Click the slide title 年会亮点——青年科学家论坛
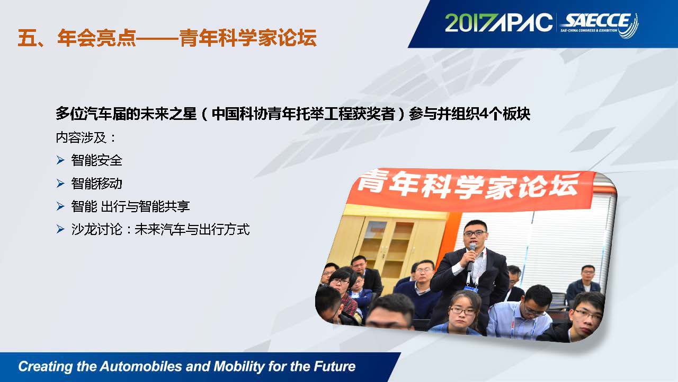click(x=167, y=38)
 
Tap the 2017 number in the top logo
click(x=468, y=22)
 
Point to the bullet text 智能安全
click(x=96, y=160)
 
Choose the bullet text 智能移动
click(x=96, y=184)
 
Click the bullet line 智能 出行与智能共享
click(x=130, y=206)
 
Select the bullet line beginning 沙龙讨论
click(x=160, y=230)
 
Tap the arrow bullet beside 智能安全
click(x=60, y=160)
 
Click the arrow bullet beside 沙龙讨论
click(x=60, y=229)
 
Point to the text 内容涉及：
click(x=86, y=137)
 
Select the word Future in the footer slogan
click(x=334, y=366)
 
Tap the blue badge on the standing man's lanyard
click(x=471, y=288)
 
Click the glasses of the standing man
click(x=475, y=234)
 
